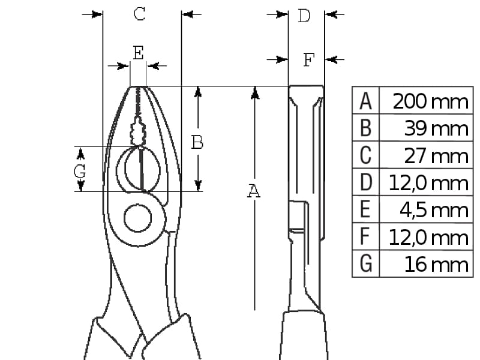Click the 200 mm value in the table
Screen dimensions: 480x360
(x=430, y=101)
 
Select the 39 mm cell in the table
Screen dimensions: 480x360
(x=436, y=128)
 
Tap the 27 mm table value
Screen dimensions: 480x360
(x=436, y=156)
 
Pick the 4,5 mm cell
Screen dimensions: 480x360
(x=434, y=211)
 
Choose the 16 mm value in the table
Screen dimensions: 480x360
(x=436, y=265)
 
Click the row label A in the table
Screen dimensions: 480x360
(x=365, y=101)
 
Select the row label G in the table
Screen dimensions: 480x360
(x=366, y=264)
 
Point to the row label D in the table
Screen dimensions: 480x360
(x=366, y=182)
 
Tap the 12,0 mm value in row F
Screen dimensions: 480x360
(x=428, y=238)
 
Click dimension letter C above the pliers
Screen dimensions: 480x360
(x=140, y=14)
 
